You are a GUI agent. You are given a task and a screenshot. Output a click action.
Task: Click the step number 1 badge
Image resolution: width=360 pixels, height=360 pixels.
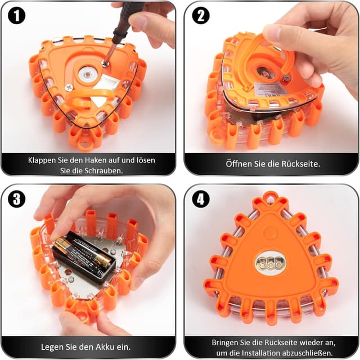click(x=16, y=16)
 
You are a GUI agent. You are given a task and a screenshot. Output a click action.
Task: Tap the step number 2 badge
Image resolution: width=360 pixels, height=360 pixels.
click(x=201, y=16)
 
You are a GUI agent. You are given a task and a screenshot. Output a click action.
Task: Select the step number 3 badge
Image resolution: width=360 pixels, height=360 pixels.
click(x=16, y=199)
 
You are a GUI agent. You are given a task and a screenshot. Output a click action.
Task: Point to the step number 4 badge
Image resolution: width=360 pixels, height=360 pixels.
click(x=201, y=199)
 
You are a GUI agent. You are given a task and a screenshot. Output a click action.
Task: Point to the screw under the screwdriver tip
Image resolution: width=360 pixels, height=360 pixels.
click(x=105, y=63)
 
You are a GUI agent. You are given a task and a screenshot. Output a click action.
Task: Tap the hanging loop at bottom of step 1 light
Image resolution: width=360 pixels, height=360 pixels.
click(x=83, y=144)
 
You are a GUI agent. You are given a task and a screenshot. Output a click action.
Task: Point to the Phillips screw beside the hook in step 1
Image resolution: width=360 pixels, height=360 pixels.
click(x=69, y=87)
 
